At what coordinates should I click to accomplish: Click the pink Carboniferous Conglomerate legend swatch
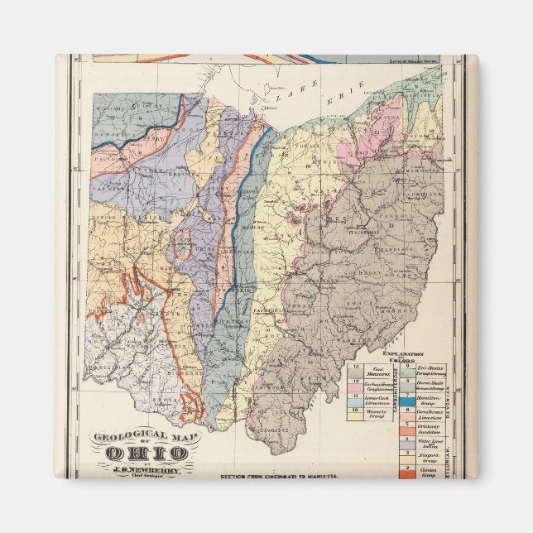tap(354, 386)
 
